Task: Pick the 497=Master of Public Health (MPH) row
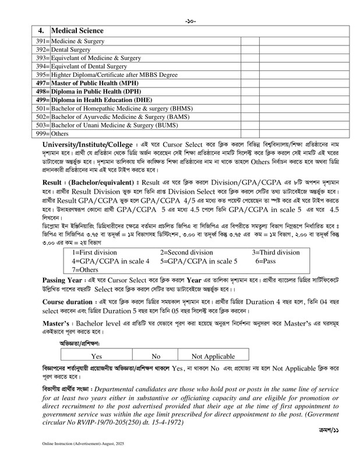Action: [x=97, y=83]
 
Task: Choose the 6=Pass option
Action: [x=268, y=278]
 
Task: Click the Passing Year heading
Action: [x=67, y=296]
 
